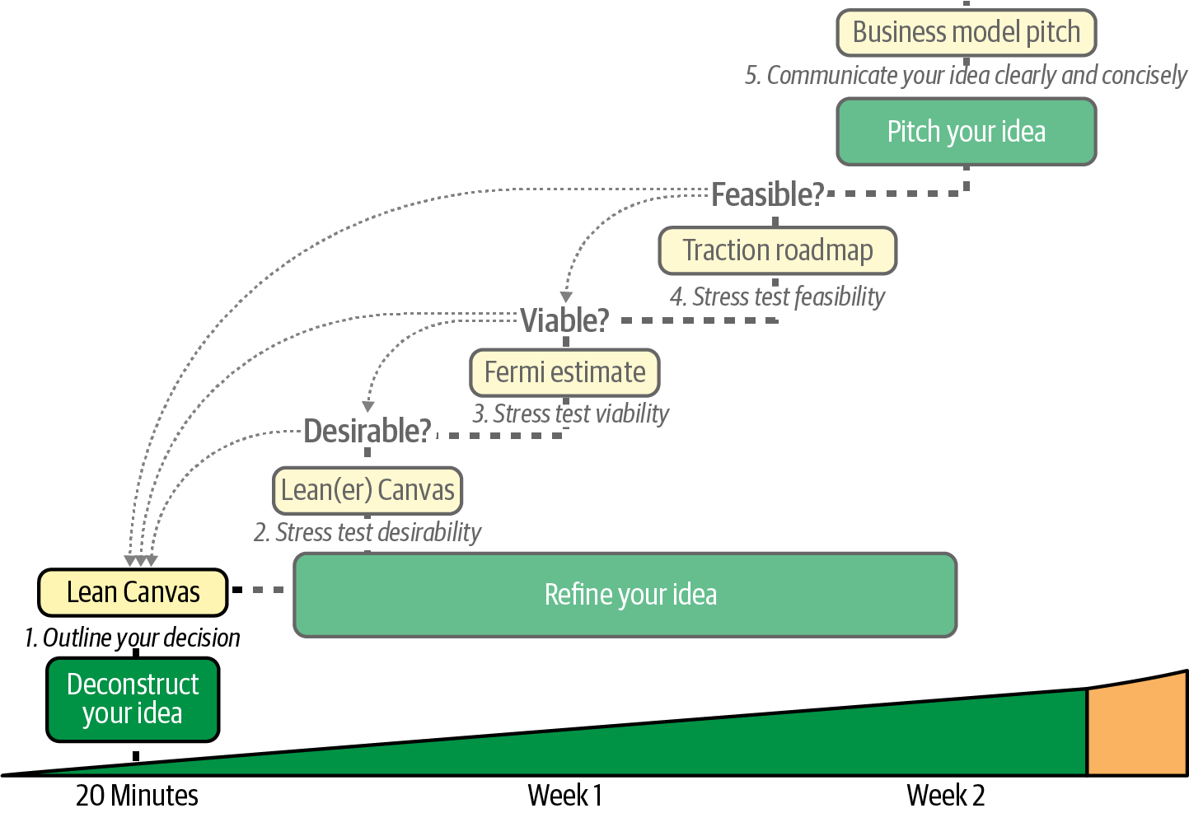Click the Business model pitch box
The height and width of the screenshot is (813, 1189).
coord(966,32)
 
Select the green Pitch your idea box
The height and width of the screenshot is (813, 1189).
coord(966,132)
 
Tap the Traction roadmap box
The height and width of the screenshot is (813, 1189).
coord(777,250)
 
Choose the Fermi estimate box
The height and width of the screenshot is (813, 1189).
coord(564,372)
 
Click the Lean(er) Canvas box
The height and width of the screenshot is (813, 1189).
coord(367,490)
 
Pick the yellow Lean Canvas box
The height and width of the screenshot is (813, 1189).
coord(133,592)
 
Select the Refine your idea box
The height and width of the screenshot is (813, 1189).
coord(625,595)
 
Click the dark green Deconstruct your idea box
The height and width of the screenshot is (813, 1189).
coord(133,699)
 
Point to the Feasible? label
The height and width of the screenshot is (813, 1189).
coord(767,195)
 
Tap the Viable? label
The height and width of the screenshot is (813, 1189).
coord(564,320)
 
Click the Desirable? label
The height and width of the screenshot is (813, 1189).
coord(367,431)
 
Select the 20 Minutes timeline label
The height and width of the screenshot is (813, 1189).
coord(137,796)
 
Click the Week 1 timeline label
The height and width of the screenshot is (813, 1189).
coord(564,796)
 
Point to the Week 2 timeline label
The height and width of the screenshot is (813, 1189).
coord(945,796)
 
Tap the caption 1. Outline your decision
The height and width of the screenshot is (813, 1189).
coord(133,638)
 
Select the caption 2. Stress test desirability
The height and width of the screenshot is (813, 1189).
coord(367,533)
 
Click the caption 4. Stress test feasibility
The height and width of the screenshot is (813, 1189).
coord(777,297)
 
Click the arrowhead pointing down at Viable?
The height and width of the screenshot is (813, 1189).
coord(566,297)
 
